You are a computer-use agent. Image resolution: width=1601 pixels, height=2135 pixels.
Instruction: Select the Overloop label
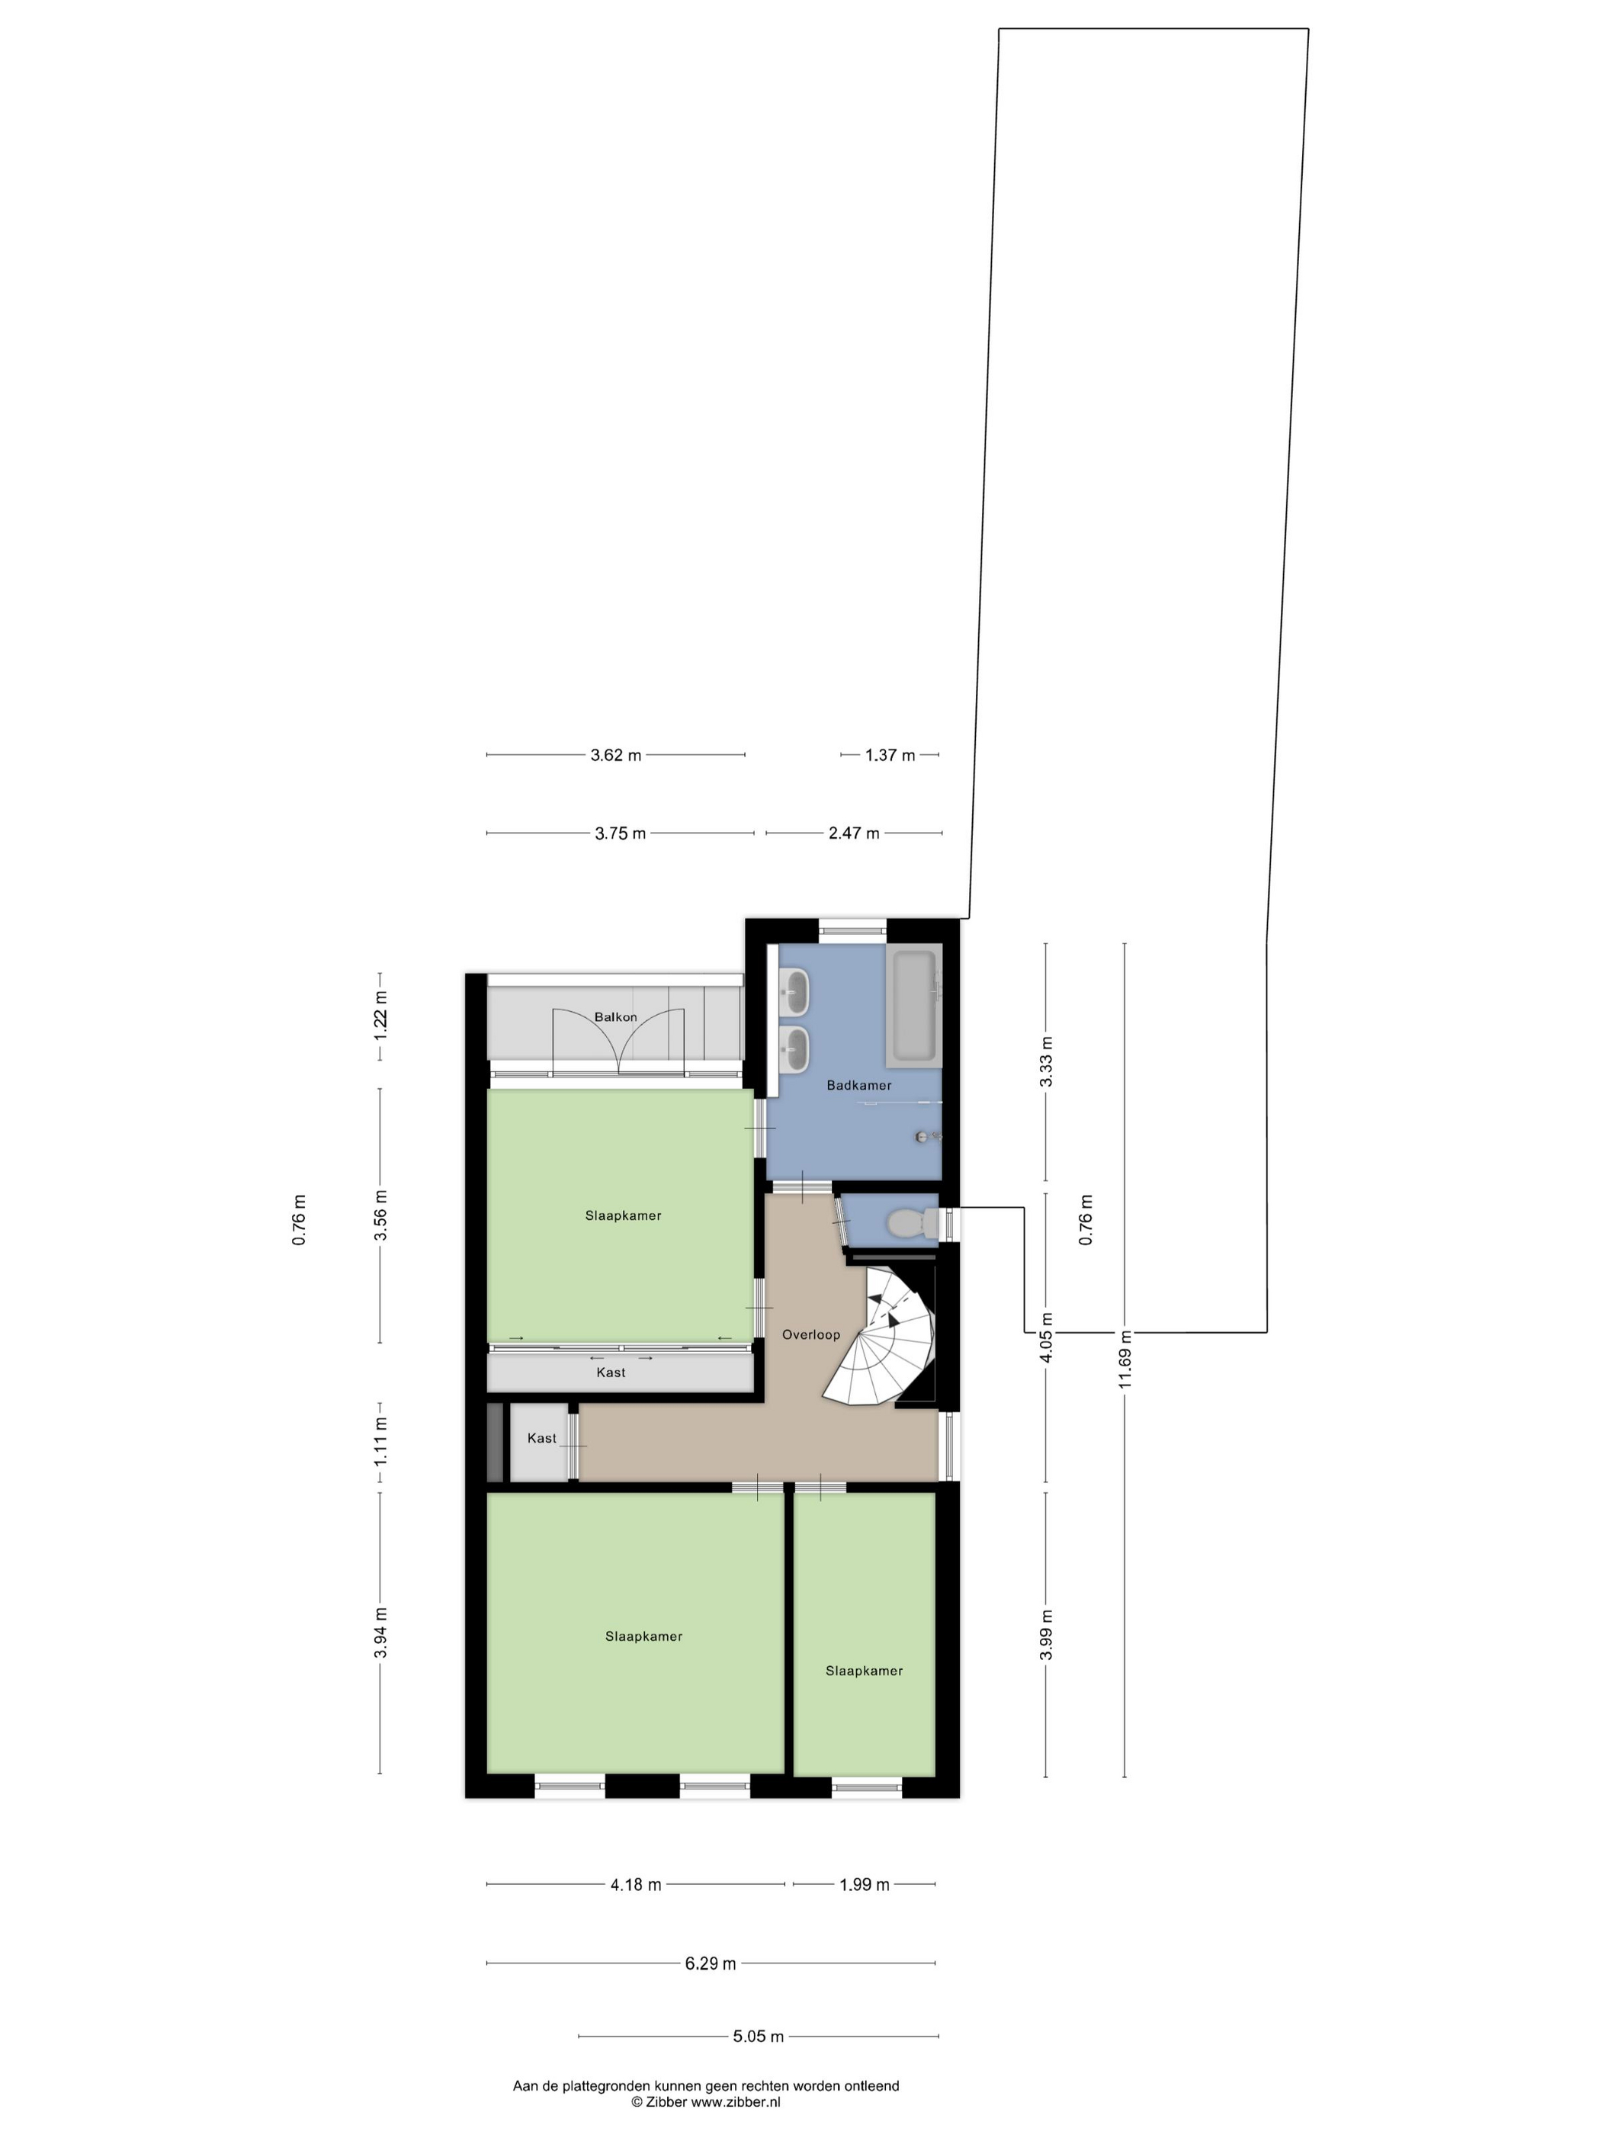pyautogui.click(x=810, y=1335)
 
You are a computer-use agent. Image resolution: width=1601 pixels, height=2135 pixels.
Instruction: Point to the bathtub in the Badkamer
pyautogui.click(x=913, y=1005)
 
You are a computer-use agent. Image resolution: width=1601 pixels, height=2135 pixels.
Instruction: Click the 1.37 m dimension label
pyautogui.click(x=890, y=755)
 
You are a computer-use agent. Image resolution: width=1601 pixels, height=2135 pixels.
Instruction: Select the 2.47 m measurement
pyautogui.click(x=854, y=833)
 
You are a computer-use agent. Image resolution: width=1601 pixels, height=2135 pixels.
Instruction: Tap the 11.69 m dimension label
pyautogui.click(x=1125, y=1359)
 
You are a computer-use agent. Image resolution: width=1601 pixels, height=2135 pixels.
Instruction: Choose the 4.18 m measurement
pyautogui.click(x=636, y=1884)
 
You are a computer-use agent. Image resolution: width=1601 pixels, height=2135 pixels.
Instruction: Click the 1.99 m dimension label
pyautogui.click(x=864, y=1884)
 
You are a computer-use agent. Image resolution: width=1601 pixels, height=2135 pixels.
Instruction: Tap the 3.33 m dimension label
pyautogui.click(x=1046, y=1061)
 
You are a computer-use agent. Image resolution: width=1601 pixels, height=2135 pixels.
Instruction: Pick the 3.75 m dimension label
pyautogui.click(x=620, y=833)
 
